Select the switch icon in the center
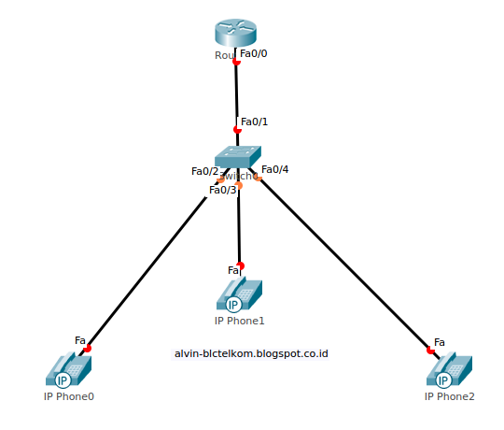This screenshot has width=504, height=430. point(238,158)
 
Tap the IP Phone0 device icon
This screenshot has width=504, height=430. point(68,371)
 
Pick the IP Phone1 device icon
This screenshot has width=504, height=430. point(240,294)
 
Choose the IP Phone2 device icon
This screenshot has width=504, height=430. point(449,371)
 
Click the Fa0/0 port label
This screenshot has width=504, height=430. point(254,53)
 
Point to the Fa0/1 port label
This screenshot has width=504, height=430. point(254,122)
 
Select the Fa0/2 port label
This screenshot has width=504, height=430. point(204,171)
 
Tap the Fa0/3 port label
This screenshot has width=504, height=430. point(223,190)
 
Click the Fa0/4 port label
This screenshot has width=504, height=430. point(275,169)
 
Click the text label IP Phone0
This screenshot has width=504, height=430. point(69,396)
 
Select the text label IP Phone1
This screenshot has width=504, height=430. point(240,321)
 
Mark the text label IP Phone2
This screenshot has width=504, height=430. point(449,396)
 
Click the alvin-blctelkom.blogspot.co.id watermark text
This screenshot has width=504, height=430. point(251,353)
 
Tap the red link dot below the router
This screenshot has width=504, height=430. point(236,62)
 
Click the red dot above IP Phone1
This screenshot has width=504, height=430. point(240,265)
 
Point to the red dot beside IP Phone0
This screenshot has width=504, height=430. point(88,348)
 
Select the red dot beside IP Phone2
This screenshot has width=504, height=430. point(430,350)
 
